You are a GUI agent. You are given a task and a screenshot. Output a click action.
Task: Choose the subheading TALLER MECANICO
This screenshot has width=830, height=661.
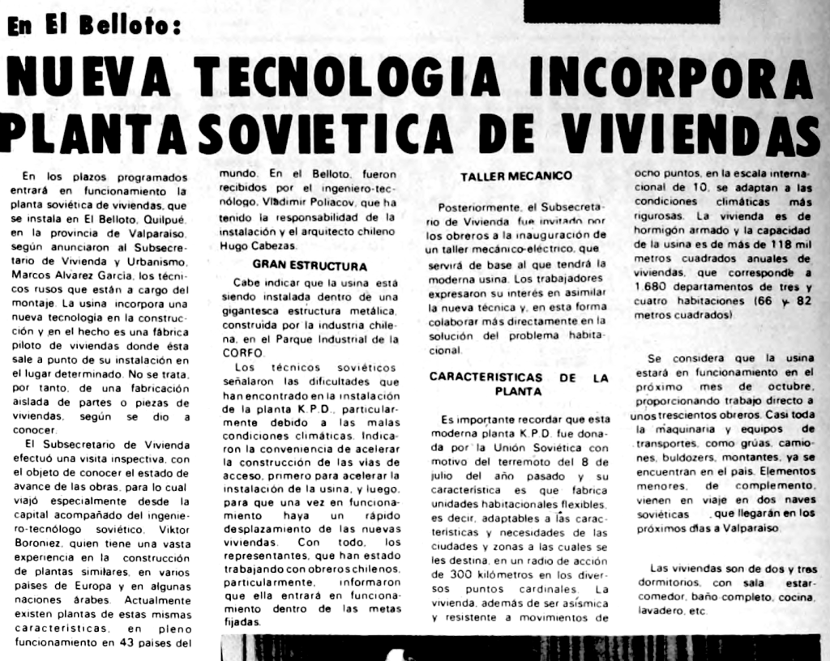(x=516, y=176)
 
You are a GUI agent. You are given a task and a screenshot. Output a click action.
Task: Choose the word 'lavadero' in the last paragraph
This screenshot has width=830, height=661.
(x=657, y=612)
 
